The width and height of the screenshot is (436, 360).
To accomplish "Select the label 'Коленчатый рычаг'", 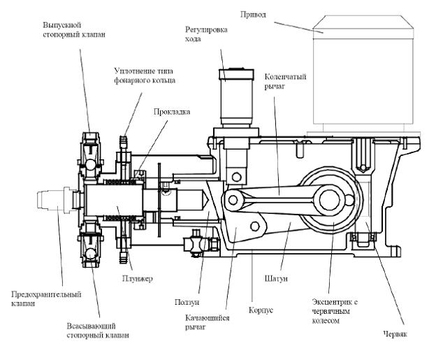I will [280, 81].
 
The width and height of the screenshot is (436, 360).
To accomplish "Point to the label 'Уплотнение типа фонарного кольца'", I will [145, 75].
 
